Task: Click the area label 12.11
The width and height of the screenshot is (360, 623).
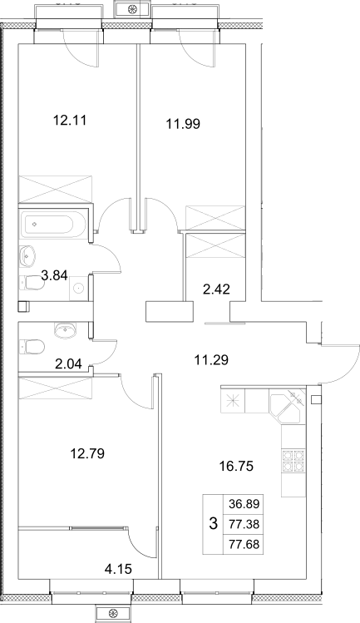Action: [x=70, y=120]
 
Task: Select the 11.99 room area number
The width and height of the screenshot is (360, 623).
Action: [x=183, y=124]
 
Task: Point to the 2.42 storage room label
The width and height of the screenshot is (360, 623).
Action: [x=218, y=290]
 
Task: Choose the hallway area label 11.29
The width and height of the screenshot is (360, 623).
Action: [x=211, y=360]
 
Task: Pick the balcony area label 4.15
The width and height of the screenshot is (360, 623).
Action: [x=118, y=569]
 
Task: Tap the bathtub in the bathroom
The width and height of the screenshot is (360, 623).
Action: [x=52, y=224]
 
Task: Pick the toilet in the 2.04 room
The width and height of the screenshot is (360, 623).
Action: [x=32, y=345]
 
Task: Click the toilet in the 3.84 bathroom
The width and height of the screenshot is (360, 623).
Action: [x=32, y=284]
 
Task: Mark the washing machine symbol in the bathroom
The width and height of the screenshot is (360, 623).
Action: [x=79, y=289]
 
